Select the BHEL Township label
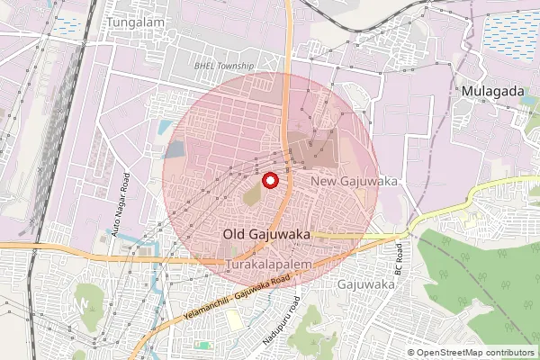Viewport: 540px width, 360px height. coord(225,67)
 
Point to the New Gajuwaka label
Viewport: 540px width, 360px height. coord(353,182)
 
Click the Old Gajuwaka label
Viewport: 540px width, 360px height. coord(266,234)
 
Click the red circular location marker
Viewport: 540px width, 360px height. coord(268,180)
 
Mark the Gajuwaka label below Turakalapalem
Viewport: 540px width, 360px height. coord(366,284)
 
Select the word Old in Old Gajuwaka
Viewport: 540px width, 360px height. coord(234,234)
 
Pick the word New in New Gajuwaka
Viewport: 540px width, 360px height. coord(324,182)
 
